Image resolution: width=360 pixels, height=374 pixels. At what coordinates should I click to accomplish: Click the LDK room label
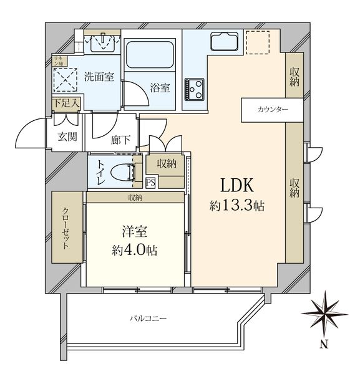237,186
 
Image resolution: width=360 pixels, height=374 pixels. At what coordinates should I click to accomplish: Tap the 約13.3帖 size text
237,205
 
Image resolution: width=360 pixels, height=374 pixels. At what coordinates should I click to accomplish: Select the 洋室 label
135,231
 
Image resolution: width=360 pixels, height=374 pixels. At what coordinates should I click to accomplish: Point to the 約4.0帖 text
135,250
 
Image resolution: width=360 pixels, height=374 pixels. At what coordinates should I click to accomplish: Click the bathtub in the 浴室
150,55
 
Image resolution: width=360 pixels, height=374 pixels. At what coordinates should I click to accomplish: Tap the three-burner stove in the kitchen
194,89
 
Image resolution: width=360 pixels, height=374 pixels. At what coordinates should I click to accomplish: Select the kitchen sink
224,42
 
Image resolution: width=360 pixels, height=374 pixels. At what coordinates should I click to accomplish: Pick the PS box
151,183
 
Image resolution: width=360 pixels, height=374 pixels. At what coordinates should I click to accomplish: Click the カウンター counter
272,110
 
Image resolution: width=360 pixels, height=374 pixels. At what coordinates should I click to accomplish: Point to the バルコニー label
148,319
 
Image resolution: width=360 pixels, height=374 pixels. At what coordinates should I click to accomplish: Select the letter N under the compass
324,344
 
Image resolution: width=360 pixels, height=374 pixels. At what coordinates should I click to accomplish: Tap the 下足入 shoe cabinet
66,104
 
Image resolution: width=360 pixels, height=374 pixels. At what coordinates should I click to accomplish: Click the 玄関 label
67,137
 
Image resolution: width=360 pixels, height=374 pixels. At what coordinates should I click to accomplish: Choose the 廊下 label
120,140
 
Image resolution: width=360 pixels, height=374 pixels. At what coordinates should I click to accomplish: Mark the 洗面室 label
99,77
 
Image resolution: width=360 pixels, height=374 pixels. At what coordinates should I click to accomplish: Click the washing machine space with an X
66,80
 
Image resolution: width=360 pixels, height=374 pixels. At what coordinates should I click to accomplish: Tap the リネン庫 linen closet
59,61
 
